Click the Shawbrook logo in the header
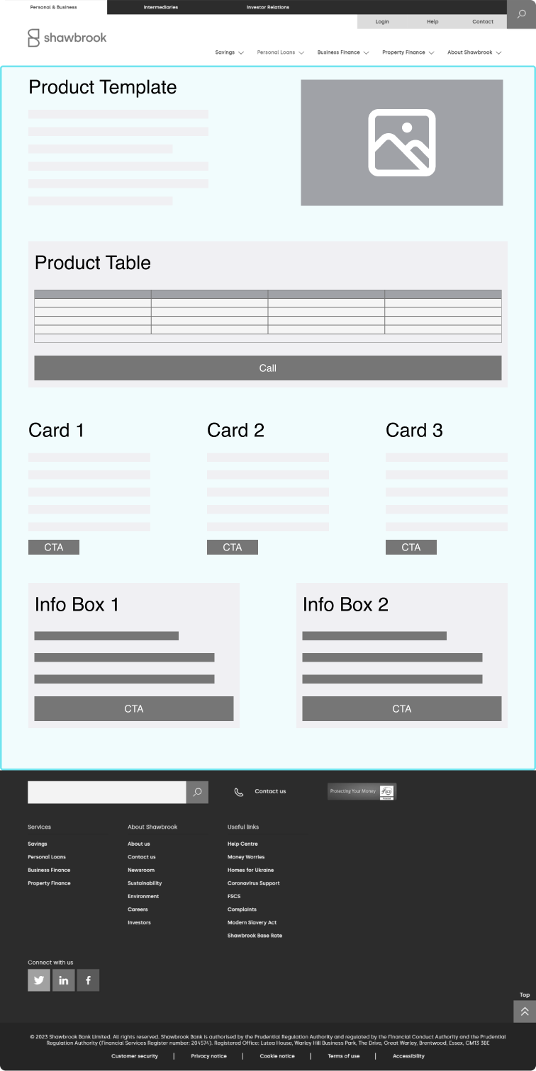tap(67, 38)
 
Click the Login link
tap(382, 22)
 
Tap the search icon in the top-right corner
tap(521, 14)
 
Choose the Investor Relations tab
tap(268, 7)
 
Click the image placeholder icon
tap(401, 142)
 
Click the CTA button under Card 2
tap(233, 547)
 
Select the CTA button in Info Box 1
tap(134, 708)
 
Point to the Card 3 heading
tap(414, 430)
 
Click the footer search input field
tap(106, 792)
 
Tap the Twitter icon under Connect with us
tap(39, 980)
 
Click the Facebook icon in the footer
tap(88, 980)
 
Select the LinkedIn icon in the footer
tap(64, 980)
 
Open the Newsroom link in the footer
tap(141, 870)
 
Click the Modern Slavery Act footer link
tap(252, 922)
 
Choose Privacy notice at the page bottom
tap(208, 1056)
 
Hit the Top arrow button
tap(525, 1011)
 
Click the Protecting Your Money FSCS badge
tap(362, 791)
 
